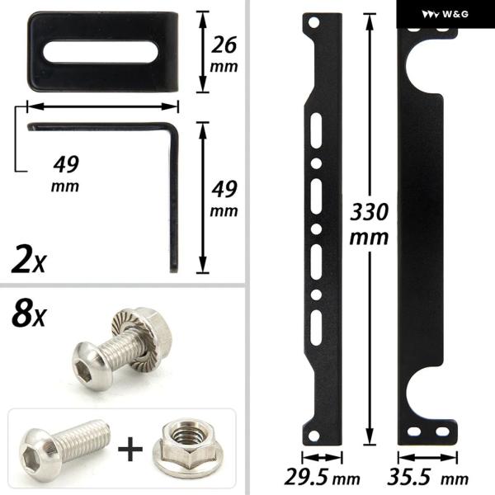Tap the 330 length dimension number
point(370,212)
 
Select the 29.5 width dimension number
point(305,477)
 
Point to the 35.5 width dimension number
point(409,477)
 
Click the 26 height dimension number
point(224,45)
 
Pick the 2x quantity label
point(29,261)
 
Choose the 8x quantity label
point(29,314)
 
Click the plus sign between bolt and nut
point(130,449)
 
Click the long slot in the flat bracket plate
point(101,52)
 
